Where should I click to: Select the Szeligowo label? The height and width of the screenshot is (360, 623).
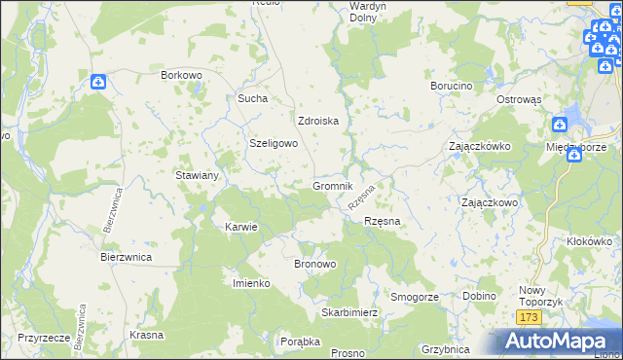pyautogui.click(x=274, y=142)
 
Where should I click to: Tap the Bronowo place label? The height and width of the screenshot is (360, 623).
pyautogui.click(x=314, y=264)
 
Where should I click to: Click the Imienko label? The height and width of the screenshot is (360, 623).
pyautogui.click(x=250, y=282)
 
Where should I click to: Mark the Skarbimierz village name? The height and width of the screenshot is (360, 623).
pyautogui.click(x=349, y=313)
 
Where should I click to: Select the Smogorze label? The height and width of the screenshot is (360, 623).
pyautogui.click(x=415, y=296)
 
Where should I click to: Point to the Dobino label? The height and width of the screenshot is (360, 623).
pyautogui.click(x=480, y=296)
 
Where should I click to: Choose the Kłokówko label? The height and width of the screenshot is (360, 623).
pyautogui.click(x=589, y=240)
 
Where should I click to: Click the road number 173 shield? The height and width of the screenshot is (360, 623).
pyautogui.click(x=529, y=318)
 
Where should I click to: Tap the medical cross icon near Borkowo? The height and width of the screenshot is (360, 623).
pyautogui.click(x=99, y=83)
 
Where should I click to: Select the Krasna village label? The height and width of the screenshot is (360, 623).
pyautogui.click(x=145, y=334)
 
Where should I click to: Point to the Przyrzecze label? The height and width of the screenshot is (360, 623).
pyautogui.click(x=42, y=339)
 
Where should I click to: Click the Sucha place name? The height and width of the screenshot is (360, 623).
pyautogui.click(x=252, y=98)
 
